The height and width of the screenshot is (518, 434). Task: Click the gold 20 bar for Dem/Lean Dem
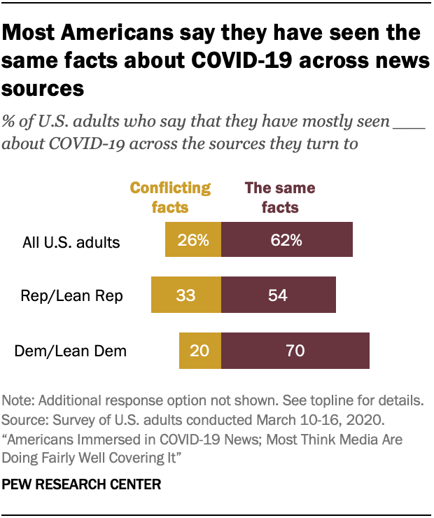[200, 350]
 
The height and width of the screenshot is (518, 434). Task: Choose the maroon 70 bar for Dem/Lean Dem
[295, 350]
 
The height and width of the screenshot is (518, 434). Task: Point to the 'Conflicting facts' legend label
[171, 197]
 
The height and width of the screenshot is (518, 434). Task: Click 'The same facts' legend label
[279, 197]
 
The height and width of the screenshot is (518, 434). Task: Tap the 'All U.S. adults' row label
[71, 243]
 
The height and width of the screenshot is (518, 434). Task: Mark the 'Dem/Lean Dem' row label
[71, 351]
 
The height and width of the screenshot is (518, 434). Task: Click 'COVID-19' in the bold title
[234, 61]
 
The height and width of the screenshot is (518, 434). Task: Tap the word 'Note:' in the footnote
[20, 402]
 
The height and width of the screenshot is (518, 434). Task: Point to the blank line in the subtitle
[409, 122]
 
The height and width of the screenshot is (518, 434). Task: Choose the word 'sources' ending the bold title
[43, 89]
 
